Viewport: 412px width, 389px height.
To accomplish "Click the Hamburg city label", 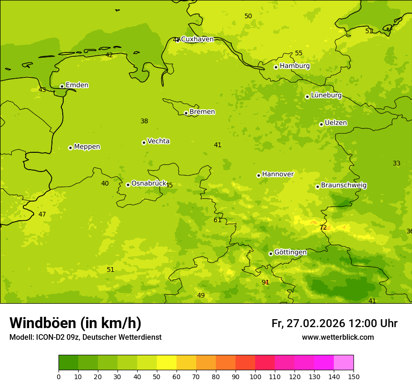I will (294, 66).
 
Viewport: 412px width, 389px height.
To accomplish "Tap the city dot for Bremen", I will (186, 113).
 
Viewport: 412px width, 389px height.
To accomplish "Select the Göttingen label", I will (290, 253).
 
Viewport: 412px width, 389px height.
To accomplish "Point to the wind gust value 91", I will (265, 282).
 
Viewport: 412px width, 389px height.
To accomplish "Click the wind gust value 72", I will (323, 228).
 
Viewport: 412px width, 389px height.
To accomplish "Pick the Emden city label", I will (77, 85).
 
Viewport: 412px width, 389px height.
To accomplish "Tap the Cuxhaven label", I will (197, 39).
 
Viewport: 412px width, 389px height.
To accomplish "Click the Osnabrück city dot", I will (128, 185).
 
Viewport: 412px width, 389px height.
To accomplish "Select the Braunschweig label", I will (344, 186).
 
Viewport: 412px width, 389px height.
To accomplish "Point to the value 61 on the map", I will (218, 220).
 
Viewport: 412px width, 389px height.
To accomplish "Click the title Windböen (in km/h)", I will (75, 323).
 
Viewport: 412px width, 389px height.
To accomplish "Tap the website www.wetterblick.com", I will (338, 337).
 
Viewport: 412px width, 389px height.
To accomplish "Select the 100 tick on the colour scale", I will (255, 376).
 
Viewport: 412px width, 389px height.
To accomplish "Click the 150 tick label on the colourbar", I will (353, 376).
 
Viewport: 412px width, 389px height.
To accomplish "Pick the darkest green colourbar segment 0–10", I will (68, 362).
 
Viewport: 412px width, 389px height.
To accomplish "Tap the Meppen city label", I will (87, 147).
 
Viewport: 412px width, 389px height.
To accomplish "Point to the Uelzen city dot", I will (321, 124).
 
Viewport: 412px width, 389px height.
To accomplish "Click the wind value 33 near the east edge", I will (397, 164).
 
